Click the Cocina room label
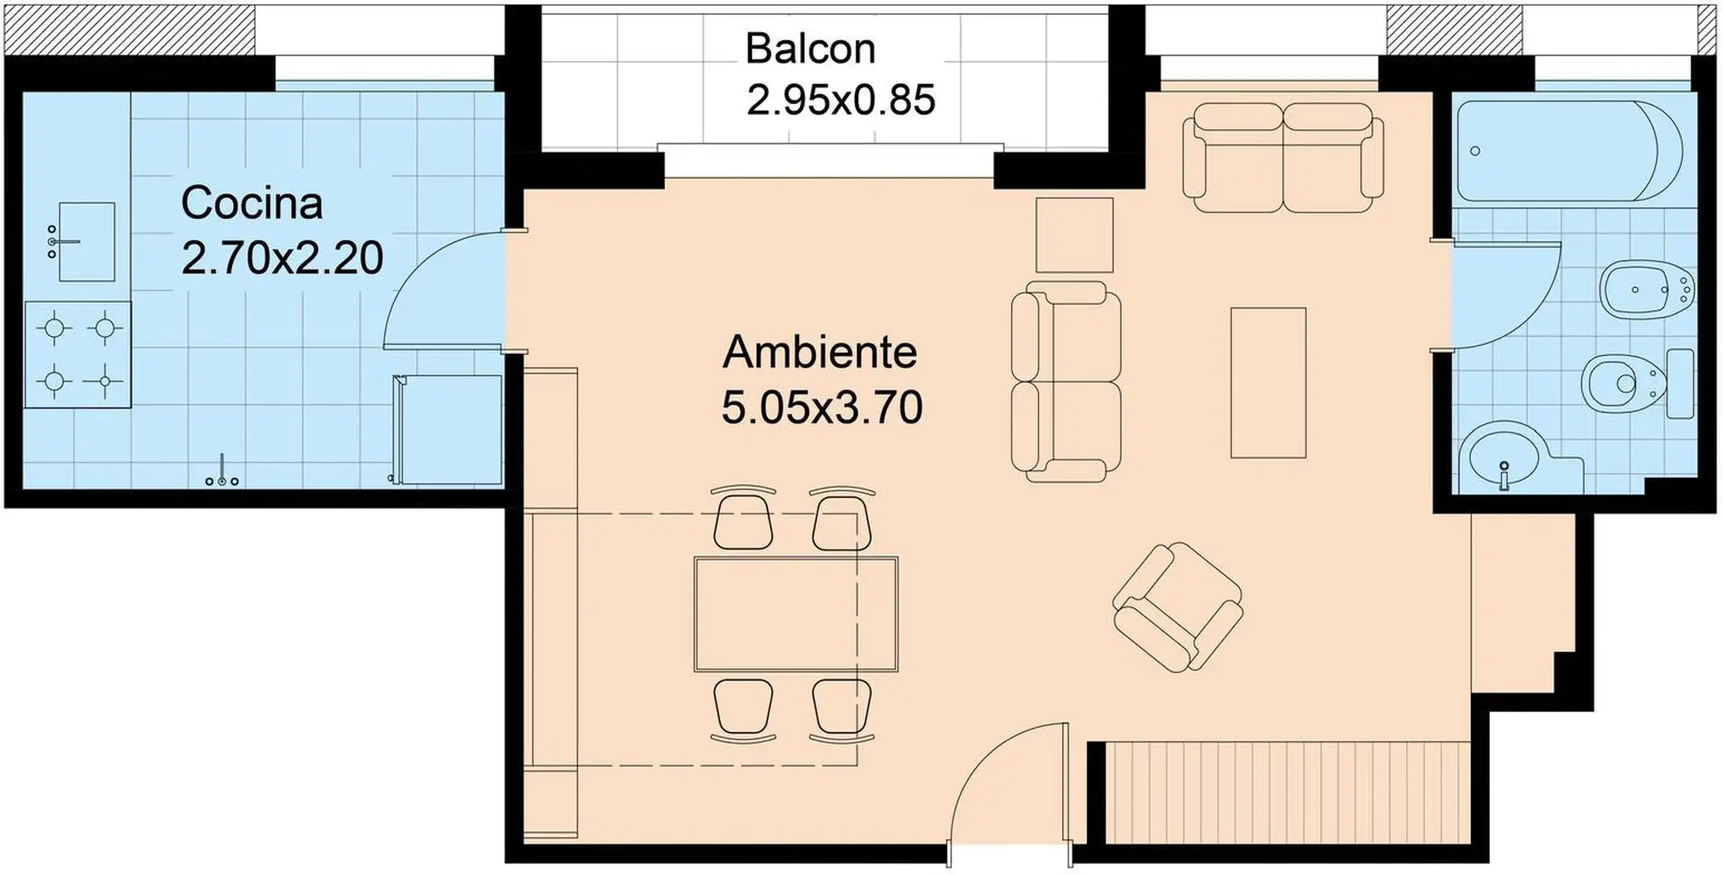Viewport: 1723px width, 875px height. click(252, 203)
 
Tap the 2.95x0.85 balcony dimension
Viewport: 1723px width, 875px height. click(841, 100)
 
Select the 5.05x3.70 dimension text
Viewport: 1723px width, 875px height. click(821, 408)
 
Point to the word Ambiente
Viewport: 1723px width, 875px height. click(820, 352)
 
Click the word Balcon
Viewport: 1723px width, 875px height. click(810, 49)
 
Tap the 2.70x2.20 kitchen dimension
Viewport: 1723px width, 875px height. click(282, 258)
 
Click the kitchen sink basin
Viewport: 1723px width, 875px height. click(87, 241)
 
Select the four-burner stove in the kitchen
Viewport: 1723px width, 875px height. click(78, 355)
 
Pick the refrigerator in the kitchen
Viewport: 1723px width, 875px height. click(447, 429)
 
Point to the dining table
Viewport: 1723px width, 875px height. click(795, 614)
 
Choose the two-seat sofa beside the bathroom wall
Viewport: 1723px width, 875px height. click(1282, 157)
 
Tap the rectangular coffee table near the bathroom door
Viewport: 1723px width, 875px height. click(1268, 382)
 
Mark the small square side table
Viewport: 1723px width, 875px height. click(1074, 235)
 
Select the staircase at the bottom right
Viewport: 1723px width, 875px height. click(1287, 792)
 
